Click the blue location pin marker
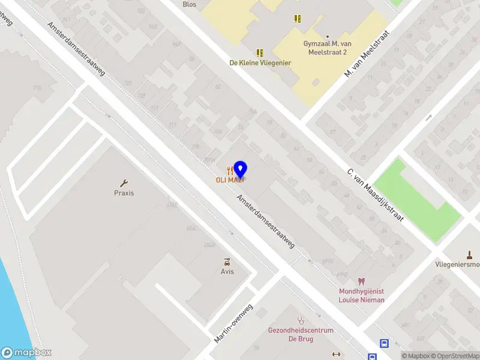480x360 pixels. click(240, 169)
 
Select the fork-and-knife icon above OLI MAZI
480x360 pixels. click(229, 170)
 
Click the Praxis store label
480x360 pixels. click(124, 193)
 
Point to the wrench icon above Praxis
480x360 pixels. click(124, 184)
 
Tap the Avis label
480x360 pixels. click(227, 271)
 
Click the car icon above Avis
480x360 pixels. click(227, 262)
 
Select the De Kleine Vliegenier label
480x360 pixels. click(260, 62)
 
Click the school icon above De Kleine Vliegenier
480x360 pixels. click(260, 53)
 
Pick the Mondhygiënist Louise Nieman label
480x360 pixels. click(361, 295)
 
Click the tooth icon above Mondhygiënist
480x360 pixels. click(361, 281)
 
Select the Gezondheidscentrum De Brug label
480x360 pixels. click(301, 335)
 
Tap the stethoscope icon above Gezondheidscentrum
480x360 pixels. click(301, 321)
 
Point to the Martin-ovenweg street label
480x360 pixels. click(234, 324)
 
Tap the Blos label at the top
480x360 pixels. click(190, 4)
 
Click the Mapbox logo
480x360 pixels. click(26, 353)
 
